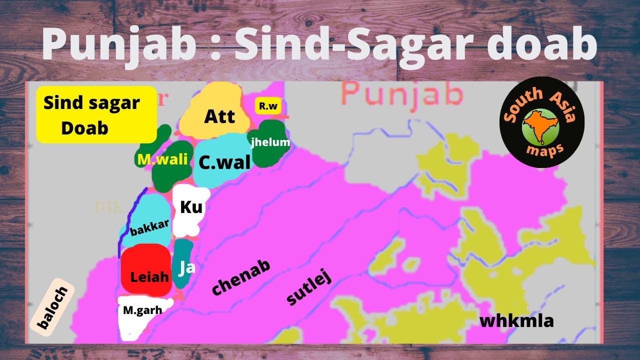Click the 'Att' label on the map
click(219, 117)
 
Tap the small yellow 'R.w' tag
click(268, 106)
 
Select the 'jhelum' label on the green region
click(270, 142)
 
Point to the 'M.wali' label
click(162, 159)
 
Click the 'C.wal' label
click(224, 162)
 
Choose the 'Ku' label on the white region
click(190, 206)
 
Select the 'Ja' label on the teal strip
click(186, 267)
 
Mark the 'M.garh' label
click(142, 310)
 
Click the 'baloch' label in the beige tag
click(52, 308)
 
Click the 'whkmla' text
click(516, 321)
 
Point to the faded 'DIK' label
click(107, 207)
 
